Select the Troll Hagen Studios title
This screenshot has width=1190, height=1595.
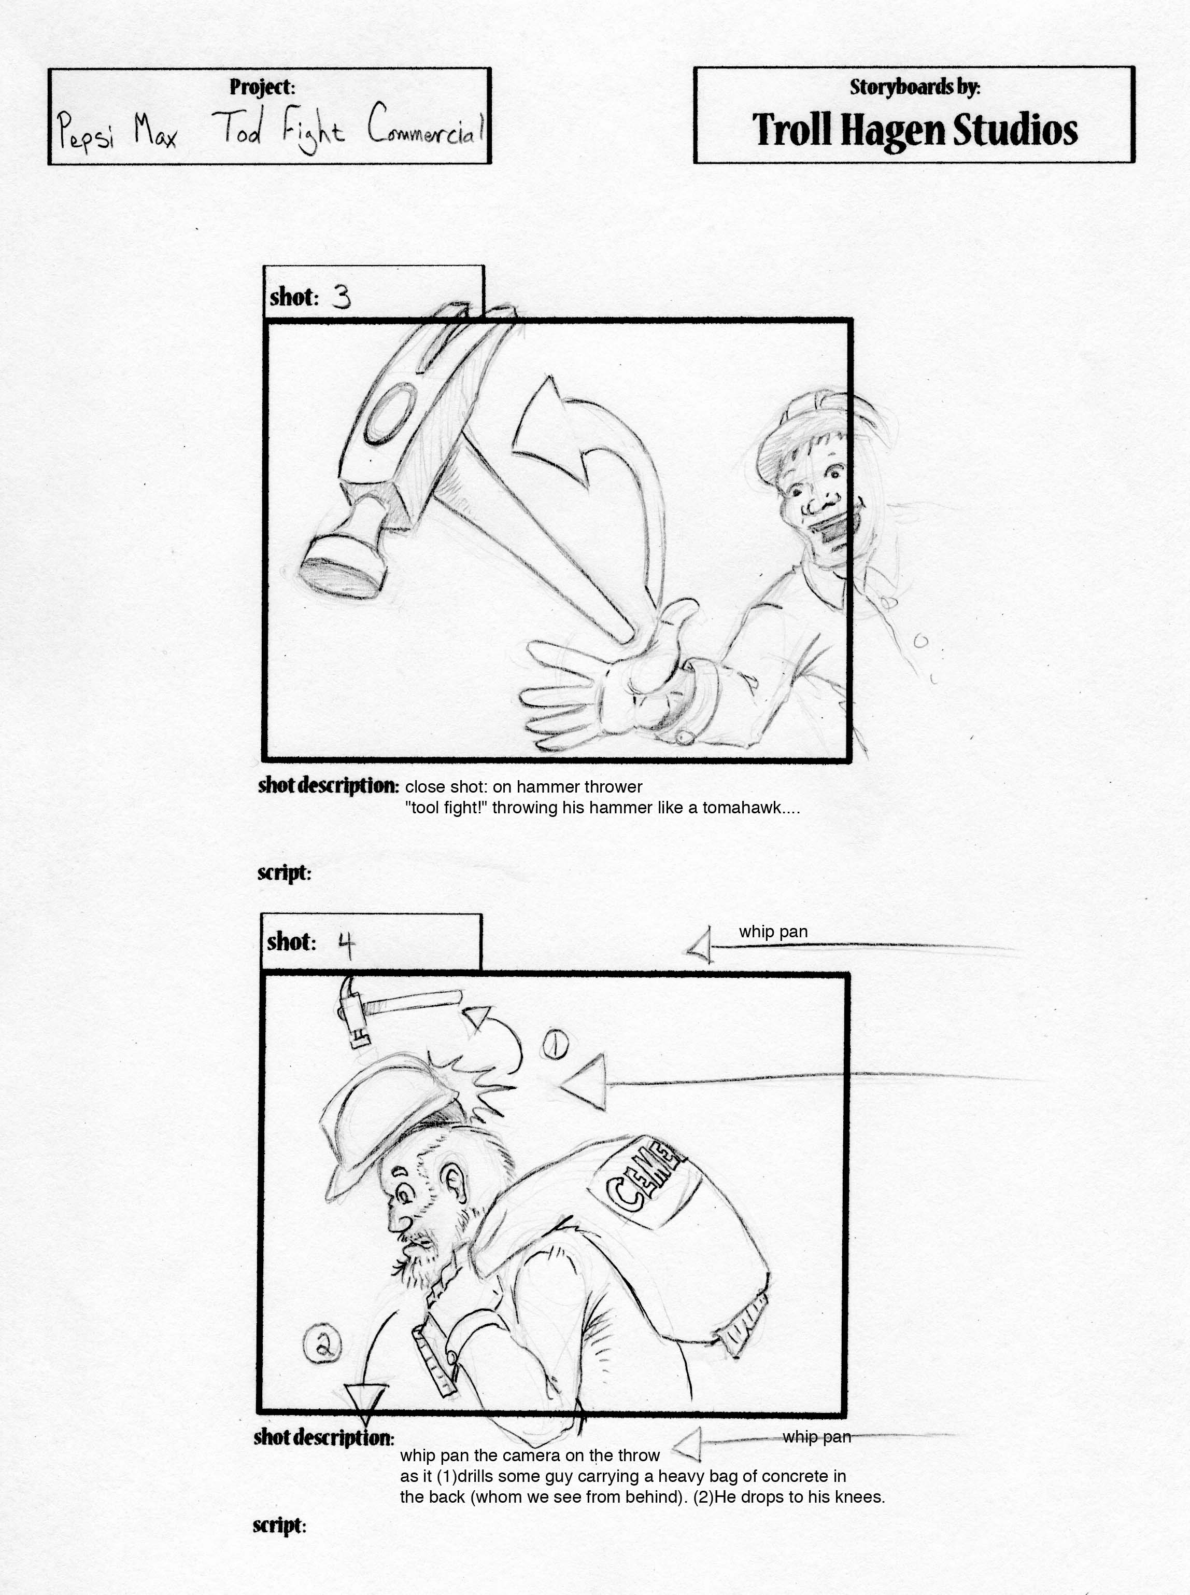(915, 130)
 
